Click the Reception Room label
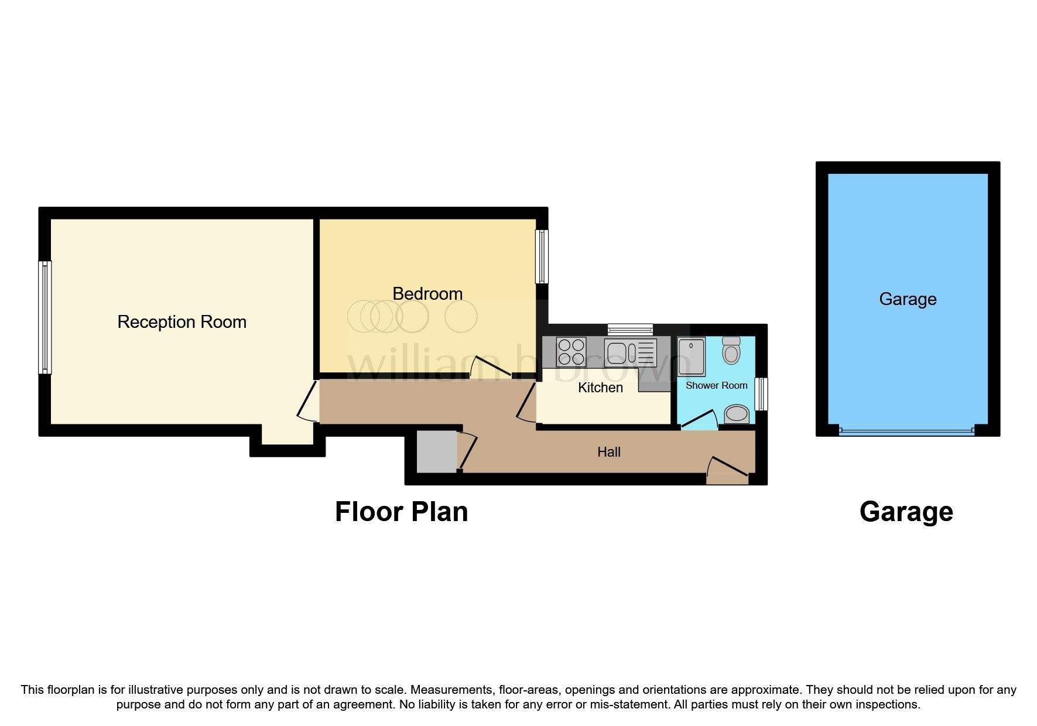(x=182, y=322)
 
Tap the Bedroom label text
(x=427, y=293)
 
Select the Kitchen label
(x=600, y=388)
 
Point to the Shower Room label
(x=716, y=385)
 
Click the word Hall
(x=609, y=452)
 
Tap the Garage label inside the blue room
(x=908, y=299)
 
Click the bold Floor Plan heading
(x=401, y=512)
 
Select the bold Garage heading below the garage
(x=906, y=512)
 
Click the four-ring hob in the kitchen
(x=571, y=352)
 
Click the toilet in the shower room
(x=731, y=350)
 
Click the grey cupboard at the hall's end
(x=436, y=451)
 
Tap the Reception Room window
(x=45, y=317)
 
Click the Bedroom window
(x=542, y=256)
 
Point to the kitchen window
(x=630, y=329)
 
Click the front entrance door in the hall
(x=727, y=469)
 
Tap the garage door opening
(x=906, y=432)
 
